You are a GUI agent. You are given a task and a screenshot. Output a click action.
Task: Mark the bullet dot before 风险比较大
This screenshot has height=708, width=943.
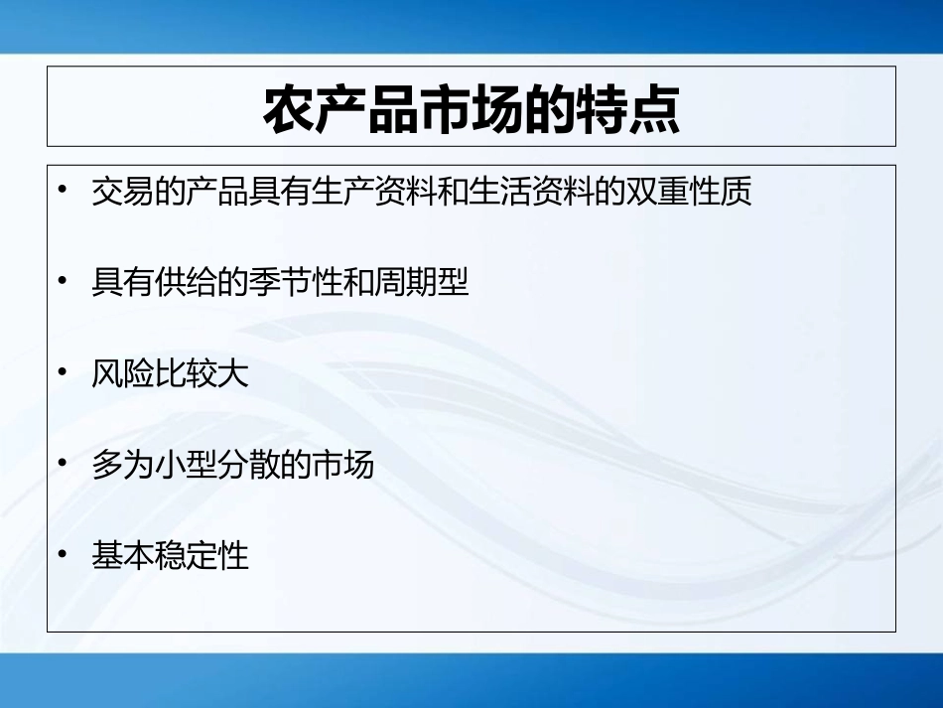point(65,373)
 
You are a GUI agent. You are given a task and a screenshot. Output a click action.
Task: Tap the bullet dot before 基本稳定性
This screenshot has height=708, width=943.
point(65,555)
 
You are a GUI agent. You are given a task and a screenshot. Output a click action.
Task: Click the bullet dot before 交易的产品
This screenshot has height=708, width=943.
point(65,191)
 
